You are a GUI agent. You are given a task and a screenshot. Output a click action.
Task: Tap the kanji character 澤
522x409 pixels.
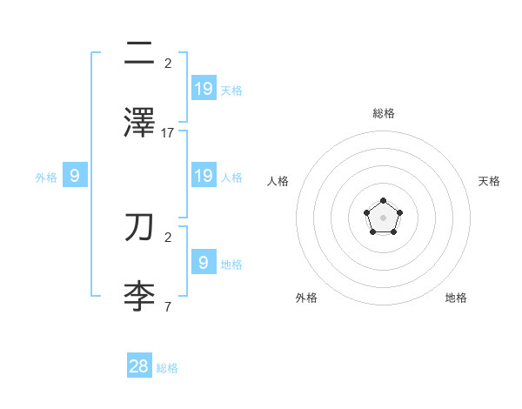point(139,122)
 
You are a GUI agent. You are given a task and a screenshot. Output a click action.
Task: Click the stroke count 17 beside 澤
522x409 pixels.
point(168,133)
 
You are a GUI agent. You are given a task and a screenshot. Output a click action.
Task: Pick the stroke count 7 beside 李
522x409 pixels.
point(168,307)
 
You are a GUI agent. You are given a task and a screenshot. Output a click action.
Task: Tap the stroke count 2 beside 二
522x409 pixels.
point(168,64)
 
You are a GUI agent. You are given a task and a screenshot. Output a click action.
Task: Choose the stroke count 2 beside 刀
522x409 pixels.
point(168,237)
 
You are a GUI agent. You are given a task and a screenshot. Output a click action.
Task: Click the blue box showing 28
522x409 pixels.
point(139,366)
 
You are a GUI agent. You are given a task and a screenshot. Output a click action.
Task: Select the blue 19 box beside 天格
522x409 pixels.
point(204,88)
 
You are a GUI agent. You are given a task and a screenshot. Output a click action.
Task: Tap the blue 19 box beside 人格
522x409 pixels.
point(204,176)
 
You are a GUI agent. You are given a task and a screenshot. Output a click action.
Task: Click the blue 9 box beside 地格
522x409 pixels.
point(204,262)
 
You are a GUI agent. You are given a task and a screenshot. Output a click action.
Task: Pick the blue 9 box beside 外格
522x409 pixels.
point(75,176)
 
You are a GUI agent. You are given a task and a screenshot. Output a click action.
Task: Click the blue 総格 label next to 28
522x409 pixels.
point(167,368)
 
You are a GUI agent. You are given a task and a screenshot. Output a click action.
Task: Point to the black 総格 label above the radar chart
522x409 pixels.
point(383,113)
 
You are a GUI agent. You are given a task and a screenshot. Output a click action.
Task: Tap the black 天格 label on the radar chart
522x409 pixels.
point(489,181)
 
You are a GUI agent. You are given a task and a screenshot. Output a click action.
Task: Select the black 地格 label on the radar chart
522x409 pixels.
point(456,298)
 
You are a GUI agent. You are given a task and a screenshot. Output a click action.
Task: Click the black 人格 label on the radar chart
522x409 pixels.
point(278,181)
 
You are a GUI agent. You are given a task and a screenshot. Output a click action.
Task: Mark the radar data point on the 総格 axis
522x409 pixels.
point(383,201)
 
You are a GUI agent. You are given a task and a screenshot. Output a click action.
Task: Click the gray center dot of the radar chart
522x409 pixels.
point(383,218)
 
